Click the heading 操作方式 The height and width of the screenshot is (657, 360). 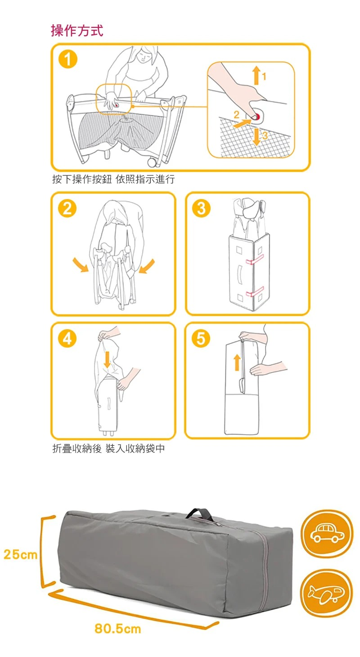tap(77, 31)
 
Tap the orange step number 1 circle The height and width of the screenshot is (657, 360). tap(67, 59)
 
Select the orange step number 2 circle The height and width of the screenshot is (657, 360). tap(67, 208)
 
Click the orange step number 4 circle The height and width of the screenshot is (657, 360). tap(67, 339)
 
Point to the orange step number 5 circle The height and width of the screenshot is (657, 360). tap(201, 339)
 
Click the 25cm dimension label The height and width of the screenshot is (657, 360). tap(21, 554)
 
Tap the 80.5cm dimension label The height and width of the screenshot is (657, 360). tap(118, 629)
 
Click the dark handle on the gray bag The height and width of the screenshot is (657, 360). tap(200, 513)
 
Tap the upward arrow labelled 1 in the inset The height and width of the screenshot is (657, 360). tap(256, 75)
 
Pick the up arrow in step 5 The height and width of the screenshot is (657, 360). tap(237, 362)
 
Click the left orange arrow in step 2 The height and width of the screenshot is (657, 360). tap(81, 265)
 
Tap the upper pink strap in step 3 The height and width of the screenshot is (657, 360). tap(255, 259)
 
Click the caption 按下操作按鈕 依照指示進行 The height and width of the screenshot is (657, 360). tap(113, 179)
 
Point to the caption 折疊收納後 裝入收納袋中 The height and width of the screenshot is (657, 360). tap(108, 448)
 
